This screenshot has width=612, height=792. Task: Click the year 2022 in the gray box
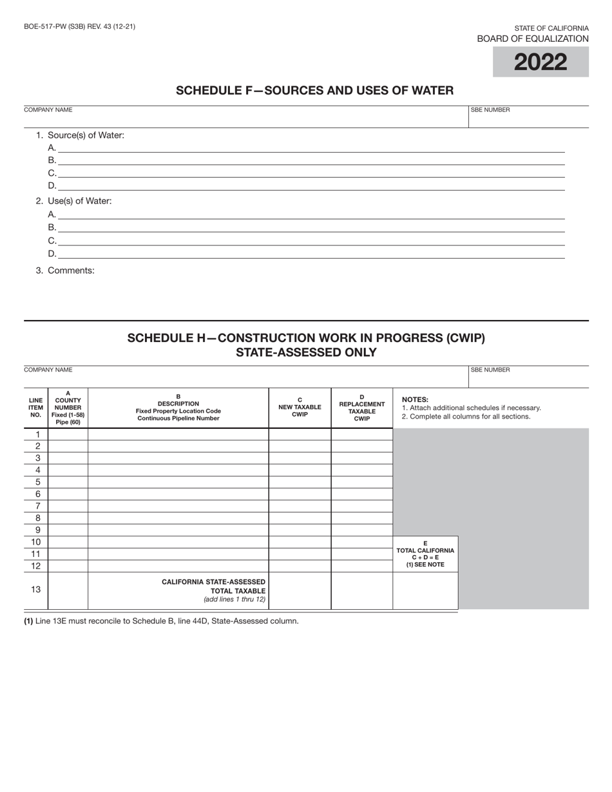540,62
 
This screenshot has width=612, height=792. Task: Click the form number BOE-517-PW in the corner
79,26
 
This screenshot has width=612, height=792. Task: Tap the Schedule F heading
315,91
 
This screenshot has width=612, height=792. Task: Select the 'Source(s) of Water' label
80,135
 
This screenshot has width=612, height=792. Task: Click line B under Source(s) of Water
311,160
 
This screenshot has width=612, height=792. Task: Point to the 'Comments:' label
65,270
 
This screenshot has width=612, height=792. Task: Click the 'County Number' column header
68,408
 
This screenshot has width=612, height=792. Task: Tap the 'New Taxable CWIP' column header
300,408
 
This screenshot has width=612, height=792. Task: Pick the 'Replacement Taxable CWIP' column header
362,408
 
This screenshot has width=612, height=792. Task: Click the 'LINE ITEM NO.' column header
36,408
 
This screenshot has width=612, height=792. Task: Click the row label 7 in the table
37,506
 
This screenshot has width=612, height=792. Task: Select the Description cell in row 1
178,434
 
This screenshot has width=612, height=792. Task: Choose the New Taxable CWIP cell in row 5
300,482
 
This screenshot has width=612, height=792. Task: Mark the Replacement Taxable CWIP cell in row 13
362,590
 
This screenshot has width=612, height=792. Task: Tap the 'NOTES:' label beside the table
415,399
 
